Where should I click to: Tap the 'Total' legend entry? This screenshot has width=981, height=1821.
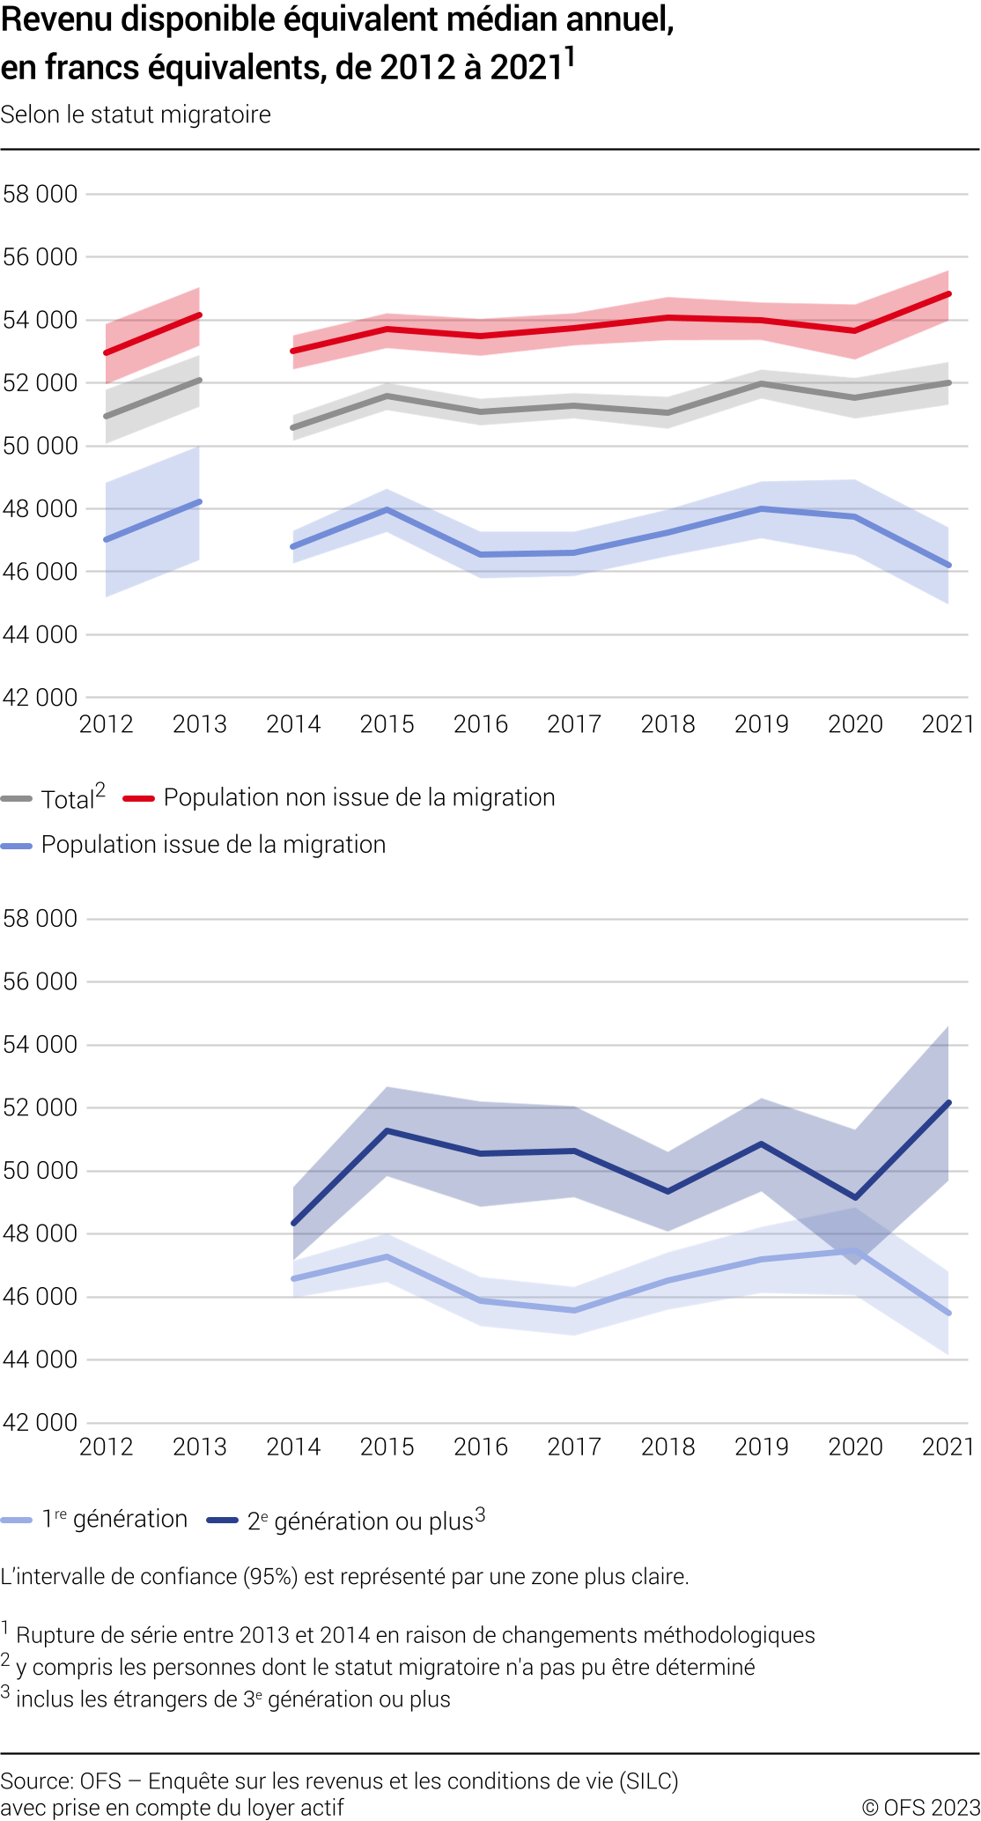point(67,799)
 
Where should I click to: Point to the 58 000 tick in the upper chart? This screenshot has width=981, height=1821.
point(41,194)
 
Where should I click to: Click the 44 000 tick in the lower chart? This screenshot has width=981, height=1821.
point(41,1359)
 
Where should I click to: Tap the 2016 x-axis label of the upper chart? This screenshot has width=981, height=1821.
point(481,724)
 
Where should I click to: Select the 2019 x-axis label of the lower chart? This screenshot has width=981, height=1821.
point(762,1447)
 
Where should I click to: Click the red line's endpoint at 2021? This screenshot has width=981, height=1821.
point(948,294)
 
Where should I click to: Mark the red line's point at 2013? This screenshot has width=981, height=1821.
point(200,315)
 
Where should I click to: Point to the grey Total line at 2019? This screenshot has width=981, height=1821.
point(762,384)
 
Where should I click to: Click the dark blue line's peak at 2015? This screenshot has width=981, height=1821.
point(387,1130)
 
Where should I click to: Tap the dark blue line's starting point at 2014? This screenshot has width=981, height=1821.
point(293,1223)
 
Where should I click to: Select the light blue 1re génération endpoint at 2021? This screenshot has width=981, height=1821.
point(948,1313)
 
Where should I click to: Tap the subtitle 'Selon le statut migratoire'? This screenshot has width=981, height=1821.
point(136,115)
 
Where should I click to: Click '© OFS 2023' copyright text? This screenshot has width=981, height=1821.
point(920,1807)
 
